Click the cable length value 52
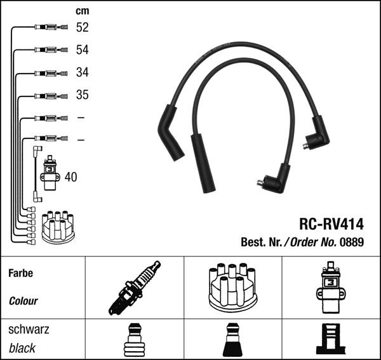(x=82, y=27)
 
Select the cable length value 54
(x=82, y=50)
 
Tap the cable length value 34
(x=82, y=72)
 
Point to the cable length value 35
(x=82, y=95)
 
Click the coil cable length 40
(x=70, y=177)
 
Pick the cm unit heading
(x=82, y=11)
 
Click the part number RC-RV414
(x=331, y=224)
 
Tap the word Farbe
(x=21, y=274)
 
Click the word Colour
(x=23, y=301)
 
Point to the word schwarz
(x=29, y=330)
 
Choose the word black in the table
(x=22, y=348)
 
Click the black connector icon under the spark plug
(x=134, y=341)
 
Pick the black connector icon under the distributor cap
(x=232, y=341)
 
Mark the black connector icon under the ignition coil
(x=331, y=341)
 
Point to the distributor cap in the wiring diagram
(x=57, y=226)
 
